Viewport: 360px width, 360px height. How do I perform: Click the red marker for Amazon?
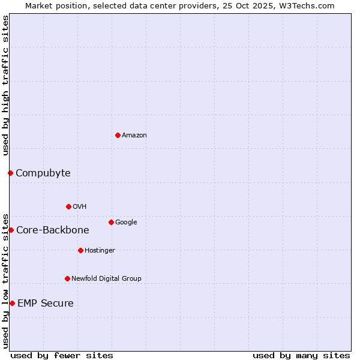click(118, 135)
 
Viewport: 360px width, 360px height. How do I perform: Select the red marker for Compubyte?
click(10, 173)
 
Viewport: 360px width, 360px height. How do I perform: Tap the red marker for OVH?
click(68, 206)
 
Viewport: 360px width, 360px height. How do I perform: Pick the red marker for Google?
click(111, 222)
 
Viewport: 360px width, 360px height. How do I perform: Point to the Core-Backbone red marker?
click(11, 230)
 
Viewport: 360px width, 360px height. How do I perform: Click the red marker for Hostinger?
click(80, 250)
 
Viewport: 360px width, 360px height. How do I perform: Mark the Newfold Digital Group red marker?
click(67, 278)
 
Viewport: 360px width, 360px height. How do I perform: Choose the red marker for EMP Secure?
click(12, 303)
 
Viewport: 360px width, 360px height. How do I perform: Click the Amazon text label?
click(134, 136)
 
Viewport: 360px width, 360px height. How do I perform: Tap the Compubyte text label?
click(43, 173)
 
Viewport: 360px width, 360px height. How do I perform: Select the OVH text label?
click(80, 207)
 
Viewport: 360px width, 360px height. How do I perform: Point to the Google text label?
click(126, 223)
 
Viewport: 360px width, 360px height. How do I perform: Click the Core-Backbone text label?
click(52, 230)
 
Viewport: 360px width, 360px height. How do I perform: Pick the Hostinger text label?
click(100, 251)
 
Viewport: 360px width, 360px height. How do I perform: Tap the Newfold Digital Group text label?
click(106, 279)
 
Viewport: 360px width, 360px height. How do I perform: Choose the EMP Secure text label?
click(45, 304)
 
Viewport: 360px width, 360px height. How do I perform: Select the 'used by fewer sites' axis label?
click(62, 355)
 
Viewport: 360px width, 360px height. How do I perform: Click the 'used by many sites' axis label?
click(301, 355)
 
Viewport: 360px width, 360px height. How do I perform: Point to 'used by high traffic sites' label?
click(5, 85)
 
